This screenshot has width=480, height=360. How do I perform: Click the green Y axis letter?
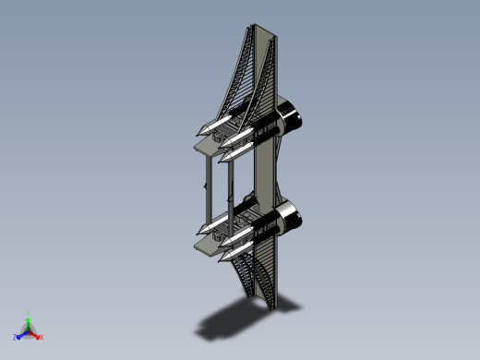point(29,314)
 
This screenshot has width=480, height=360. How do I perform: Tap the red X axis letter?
point(42,336)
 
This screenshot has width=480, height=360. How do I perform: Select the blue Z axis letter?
point(16,338)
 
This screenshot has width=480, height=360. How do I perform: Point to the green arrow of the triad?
point(29,322)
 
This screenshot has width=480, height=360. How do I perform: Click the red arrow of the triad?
point(36,334)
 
